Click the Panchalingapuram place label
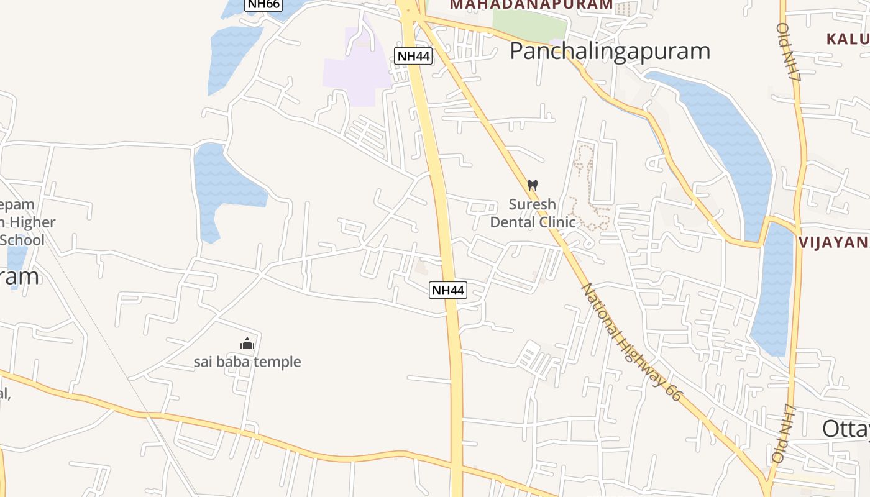pyautogui.click(x=610, y=51)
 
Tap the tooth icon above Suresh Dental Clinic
pyautogui.click(x=532, y=185)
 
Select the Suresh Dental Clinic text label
pyautogui.click(x=533, y=213)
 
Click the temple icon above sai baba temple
pyautogui.click(x=247, y=344)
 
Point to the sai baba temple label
pyautogui.click(x=247, y=362)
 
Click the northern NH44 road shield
pyautogui.click(x=413, y=56)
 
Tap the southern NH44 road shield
pyautogui.click(x=447, y=290)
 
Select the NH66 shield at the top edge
pyautogui.click(x=263, y=4)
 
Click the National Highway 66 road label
pyautogui.click(x=630, y=342)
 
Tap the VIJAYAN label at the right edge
pyautogui.click(x=833, y=242)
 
